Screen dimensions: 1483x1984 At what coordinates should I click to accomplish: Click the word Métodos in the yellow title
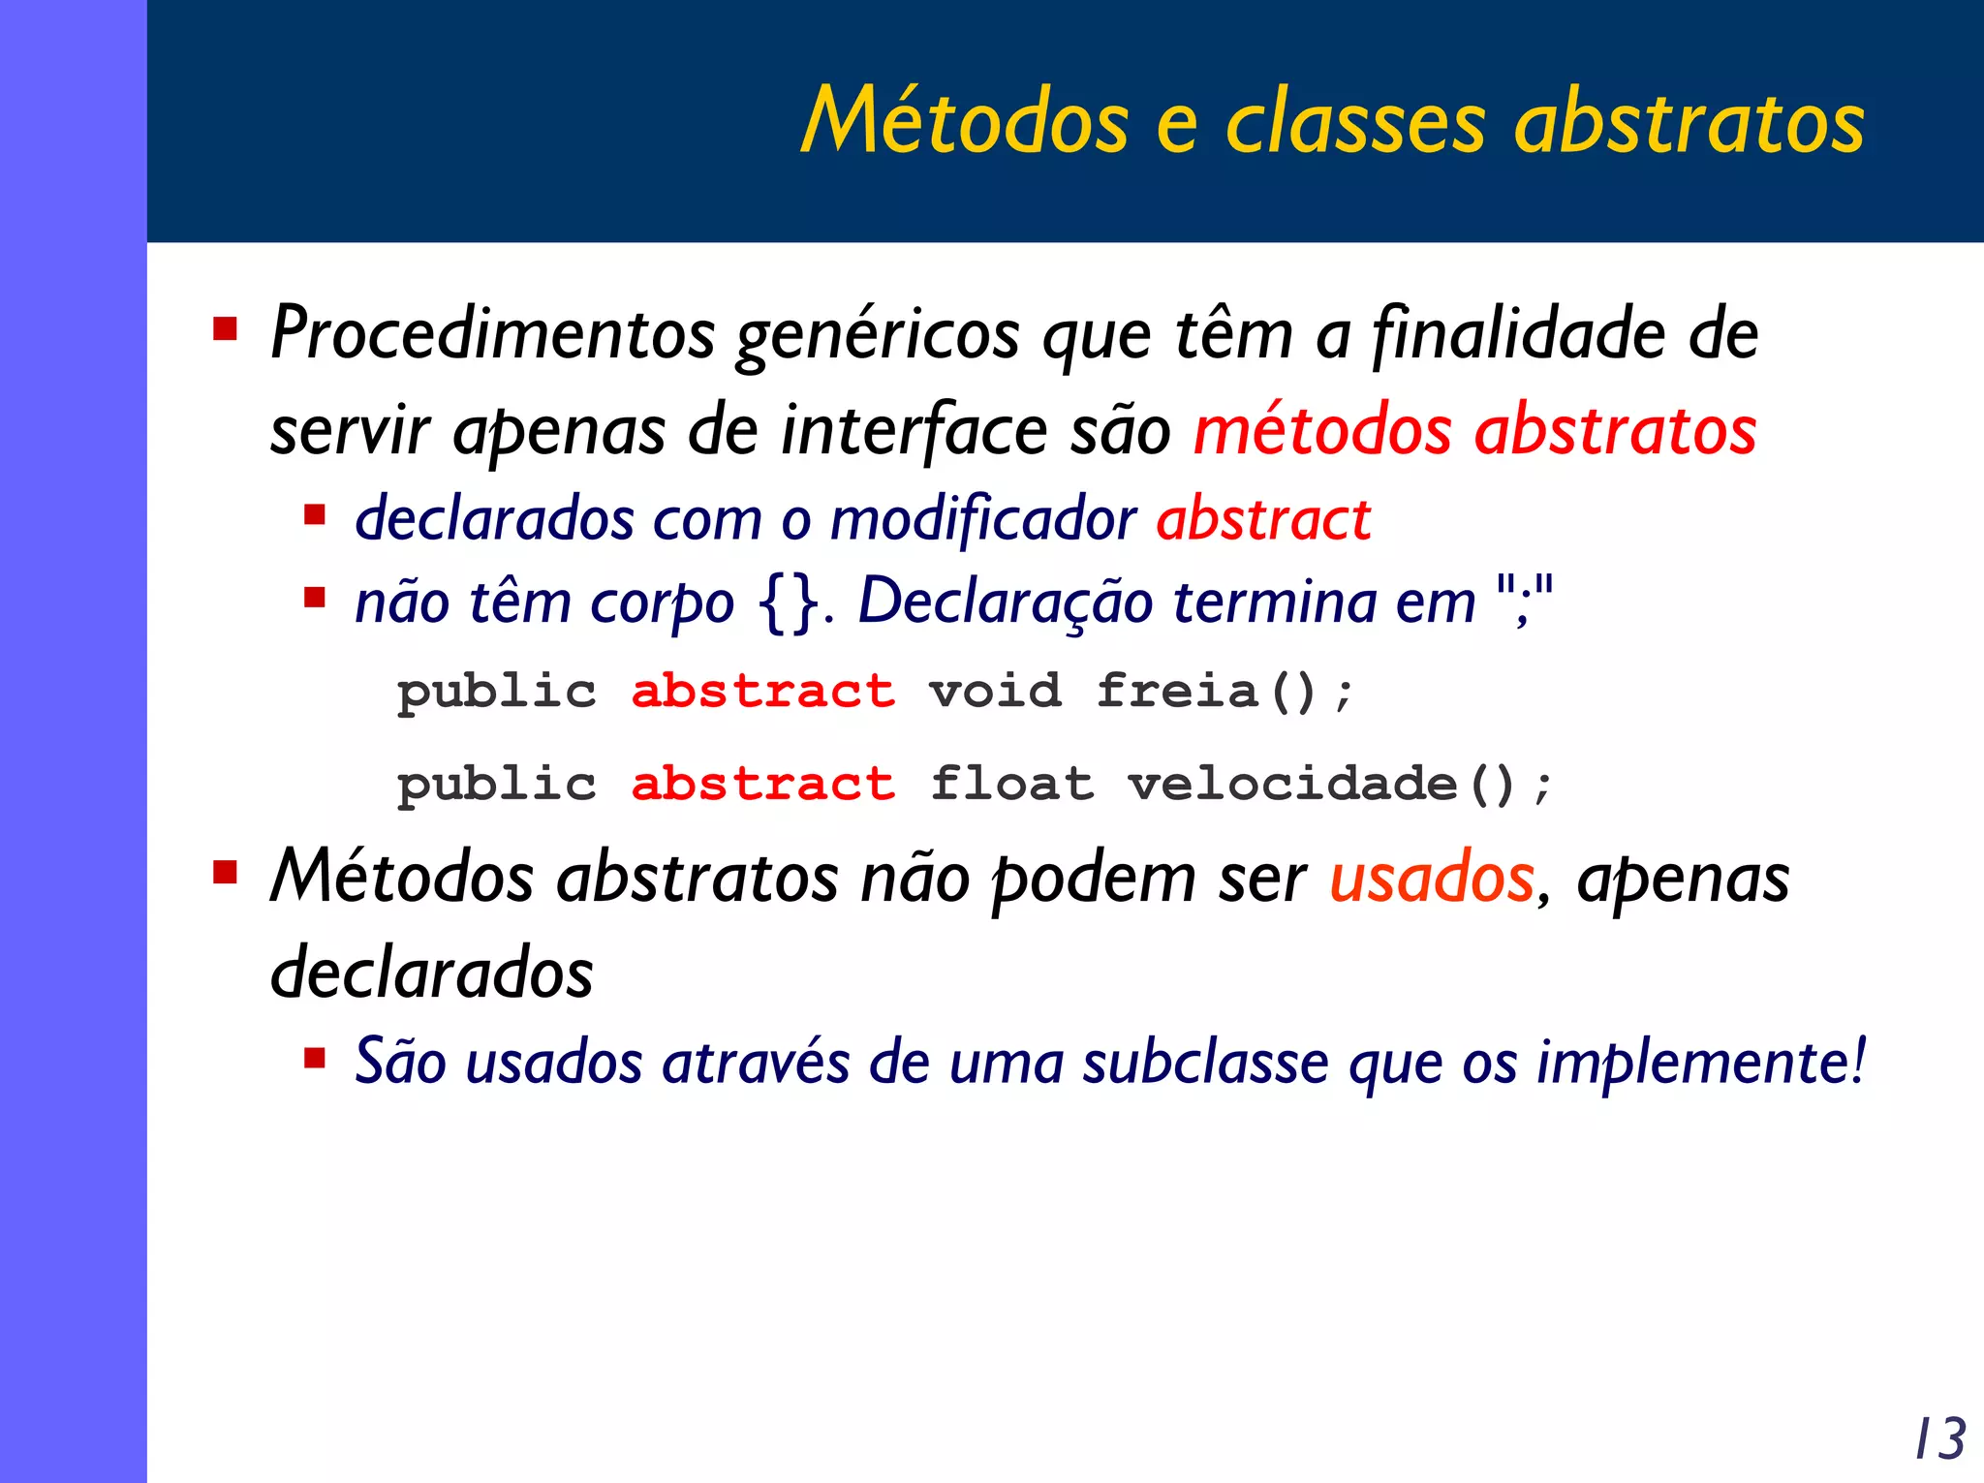coord(966,121)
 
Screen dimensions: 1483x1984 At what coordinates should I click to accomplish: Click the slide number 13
coord(1940,1438)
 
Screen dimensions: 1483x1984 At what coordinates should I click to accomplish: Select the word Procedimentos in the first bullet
coord(492,334)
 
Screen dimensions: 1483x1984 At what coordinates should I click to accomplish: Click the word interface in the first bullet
coord(914,431)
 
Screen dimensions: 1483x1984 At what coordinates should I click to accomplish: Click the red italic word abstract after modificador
coord(1263,519)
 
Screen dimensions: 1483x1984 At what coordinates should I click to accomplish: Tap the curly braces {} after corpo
coord(790,603)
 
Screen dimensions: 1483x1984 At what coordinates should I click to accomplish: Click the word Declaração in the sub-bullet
coord(1005,602)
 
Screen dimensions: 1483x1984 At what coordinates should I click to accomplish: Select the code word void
coord(995,692)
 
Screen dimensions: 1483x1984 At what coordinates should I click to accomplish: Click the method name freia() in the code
coord(1207,692)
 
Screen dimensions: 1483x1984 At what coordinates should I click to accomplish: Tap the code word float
coord(1011,784)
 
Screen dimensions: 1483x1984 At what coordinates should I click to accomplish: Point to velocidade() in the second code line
coord(1320,784)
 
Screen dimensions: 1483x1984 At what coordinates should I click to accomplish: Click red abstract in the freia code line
coord(762,692)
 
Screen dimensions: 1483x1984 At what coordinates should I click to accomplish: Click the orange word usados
coord(1431,878)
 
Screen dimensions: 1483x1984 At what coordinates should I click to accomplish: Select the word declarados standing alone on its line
coord(431,973)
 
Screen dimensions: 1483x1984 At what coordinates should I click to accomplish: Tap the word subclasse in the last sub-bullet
coord(1205,1063)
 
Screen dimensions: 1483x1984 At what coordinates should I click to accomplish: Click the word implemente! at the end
coord(1700,1063)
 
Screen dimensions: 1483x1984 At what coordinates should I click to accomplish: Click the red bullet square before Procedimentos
coord(226,329)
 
